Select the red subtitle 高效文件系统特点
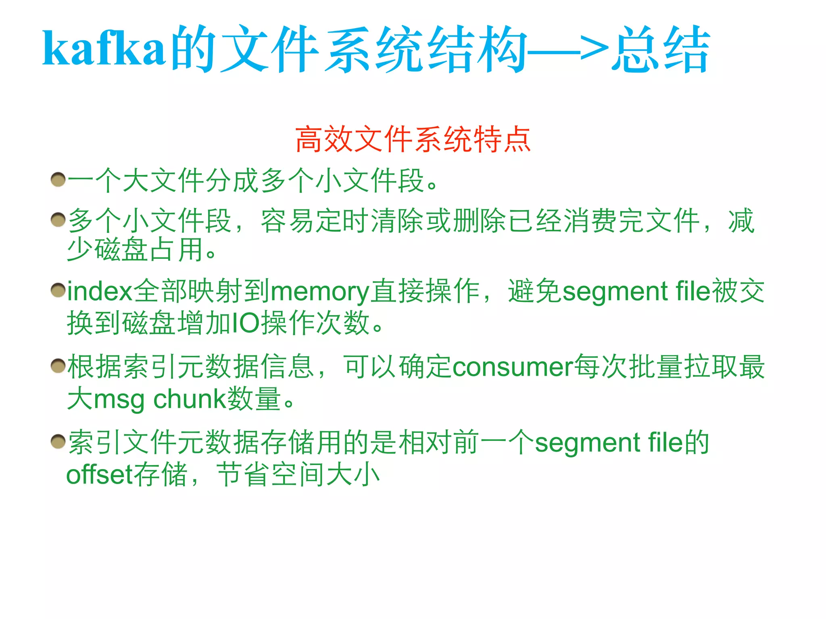(x=413, y=139)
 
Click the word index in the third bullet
(x=100, y=291)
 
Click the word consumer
(x=513, y=367)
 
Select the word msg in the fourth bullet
(x=119, y=400)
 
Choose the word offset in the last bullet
(x=100, y=474)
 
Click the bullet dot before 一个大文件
(x=58, y=179)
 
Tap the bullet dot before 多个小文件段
(x=58, y=220)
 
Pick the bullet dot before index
(x=58, y=291)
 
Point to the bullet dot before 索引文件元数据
(x=58, y=442)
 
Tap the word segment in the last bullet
(x=588, y=443)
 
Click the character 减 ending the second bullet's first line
(x=741, y=220)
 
